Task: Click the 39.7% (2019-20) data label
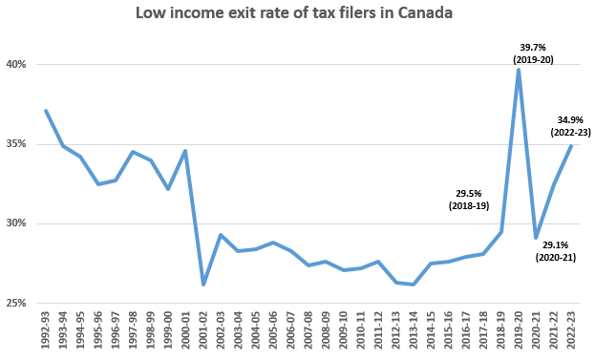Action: click(x=533, y=53)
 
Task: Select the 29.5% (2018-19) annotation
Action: click(x=469, y=198)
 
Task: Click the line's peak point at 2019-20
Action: click(x=518, y=69)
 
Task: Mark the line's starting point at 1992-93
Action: click(x=45, y=111)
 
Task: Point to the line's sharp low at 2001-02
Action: click(x=202, y=285)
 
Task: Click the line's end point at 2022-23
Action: click(x=570, y=146)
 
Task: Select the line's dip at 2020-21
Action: click(x=536, y=238)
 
